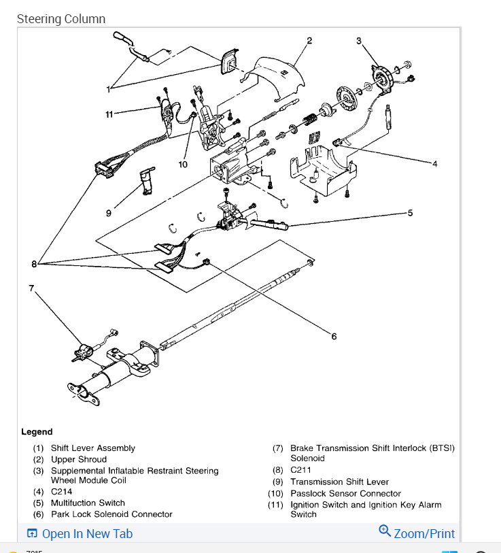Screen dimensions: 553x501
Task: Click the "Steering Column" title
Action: click(x=61, y=19)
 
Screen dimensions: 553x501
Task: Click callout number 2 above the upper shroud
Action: click(x=309, y=41)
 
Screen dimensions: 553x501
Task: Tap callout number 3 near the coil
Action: click(x=359, y=41)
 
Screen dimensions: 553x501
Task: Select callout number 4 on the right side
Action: click(x=435, y=163)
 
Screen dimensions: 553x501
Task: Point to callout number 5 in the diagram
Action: click(x=410, y=213)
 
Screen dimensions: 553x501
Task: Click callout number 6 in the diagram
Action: click(x=334, y=336)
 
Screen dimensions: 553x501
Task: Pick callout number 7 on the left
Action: click(x=31, y=288)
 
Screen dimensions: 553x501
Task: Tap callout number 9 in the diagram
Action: click(x=108, y=213)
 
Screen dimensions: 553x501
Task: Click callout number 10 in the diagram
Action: click(x=183, y=163)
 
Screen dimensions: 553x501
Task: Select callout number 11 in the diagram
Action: click(x=109, y=114)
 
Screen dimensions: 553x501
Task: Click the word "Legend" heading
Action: click(x=37, y=432)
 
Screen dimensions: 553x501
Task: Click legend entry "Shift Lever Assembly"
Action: click(x=92, y=448)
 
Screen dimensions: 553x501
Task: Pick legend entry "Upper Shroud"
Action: click(x=78, y=459)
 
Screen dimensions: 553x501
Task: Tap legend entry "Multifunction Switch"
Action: click(x=88, y=503)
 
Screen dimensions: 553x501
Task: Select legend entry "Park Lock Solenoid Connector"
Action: click(x=111, y=514)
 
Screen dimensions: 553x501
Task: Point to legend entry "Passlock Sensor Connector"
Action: click(x=345, y=493)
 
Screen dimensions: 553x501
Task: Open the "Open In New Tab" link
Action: click(x=80, y=534)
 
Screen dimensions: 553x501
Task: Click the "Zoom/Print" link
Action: click(x=417, y=533)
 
